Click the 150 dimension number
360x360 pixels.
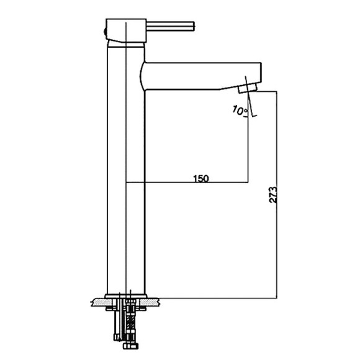click(x=201, y=178)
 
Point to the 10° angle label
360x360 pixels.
click(x=240, y=110)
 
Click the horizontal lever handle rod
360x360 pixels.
click(x=170, y=26)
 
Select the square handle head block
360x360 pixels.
click(x=126, y=30)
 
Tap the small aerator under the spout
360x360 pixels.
click(x=247, y=88)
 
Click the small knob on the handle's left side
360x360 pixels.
click(x=105, y=31)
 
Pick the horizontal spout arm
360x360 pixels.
click(x=201, y=76)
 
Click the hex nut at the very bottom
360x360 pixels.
click(x=130, y=346)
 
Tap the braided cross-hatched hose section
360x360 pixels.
click(x=130, y=322)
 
